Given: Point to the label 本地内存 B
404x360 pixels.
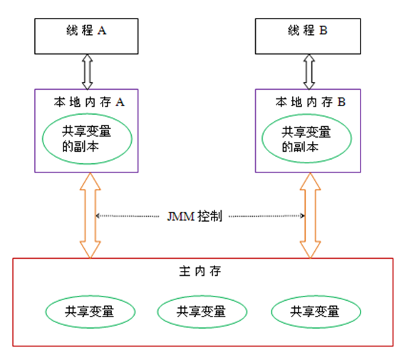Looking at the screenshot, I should click(x=309, y=102).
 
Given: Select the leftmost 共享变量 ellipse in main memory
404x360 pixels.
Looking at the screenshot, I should click(x=90, y=311).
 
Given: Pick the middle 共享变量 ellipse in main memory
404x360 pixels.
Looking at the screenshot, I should click(x=202, y=311).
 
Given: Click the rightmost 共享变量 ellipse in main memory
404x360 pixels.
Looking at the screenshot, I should click(x=316, y=311).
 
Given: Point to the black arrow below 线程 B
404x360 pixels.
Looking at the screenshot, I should click(x=308, y=71).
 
